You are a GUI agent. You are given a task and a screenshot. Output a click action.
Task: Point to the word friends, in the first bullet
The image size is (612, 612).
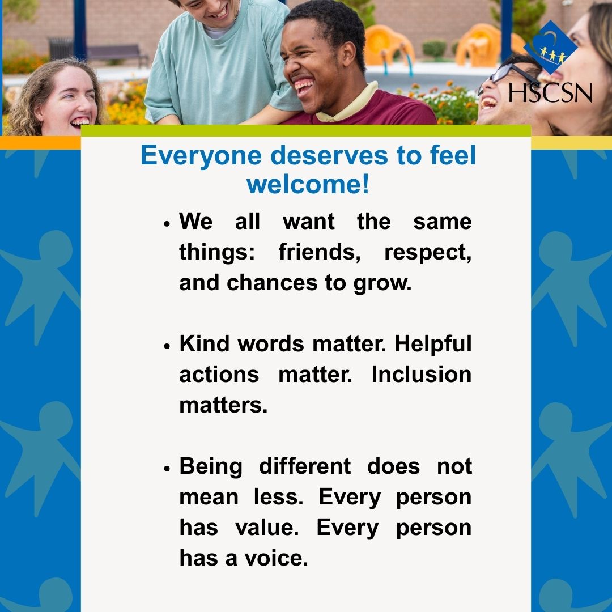pyautogui.click(x=319, y=252)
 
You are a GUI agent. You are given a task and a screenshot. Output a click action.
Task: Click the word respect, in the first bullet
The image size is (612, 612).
pyautogui.click(x=427, y=252)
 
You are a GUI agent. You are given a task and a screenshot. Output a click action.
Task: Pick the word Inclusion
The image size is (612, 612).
pyautogui.click(x=421, y=374)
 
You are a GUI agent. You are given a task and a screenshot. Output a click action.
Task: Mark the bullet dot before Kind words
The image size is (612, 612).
pyautogui.click(x=167, y=346)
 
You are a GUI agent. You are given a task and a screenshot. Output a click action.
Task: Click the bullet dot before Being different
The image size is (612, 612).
pyautogui.click(x=167, y=468)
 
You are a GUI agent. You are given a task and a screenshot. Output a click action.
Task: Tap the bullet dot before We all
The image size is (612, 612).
pyautogui.click(x=167, y=223)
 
